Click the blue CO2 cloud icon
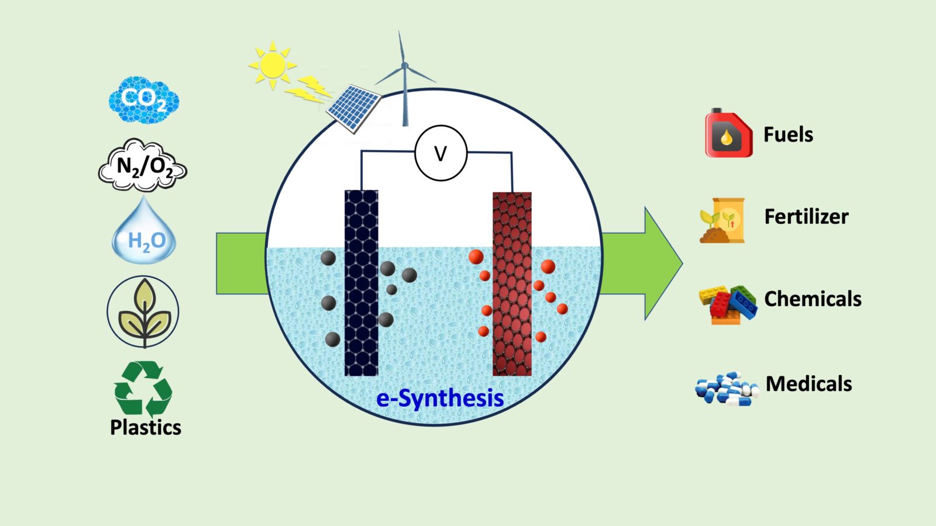(x=143, y=99)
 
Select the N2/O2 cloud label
(x=143, y=165)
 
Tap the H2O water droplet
(x=144, y=234)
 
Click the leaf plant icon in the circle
(x=143, y=312)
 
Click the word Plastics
(x=146, y=427)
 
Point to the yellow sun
(x=271, y=65)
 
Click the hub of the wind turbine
(x=404, y=66)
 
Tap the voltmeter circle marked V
(x=441, y=153)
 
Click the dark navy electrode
(x=361, y=283)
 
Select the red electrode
(x=512, y=284)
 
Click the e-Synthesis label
(x=440, y=399)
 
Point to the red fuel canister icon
(x=728, y=134)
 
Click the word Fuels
(x=788, y=134)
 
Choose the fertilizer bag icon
(x=723, y=220)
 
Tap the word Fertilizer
(x=806, y=217)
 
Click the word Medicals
(x=808, y=384)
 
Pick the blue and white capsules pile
(x=726, y=389)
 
